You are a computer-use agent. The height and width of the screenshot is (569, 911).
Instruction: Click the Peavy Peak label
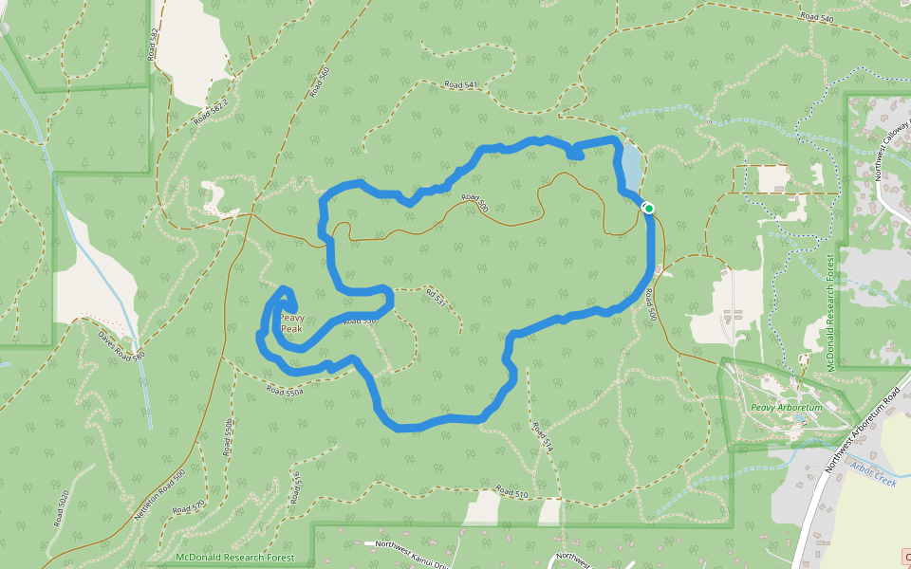[x=291, y=323]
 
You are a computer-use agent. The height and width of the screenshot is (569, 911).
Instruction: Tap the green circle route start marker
[x=649, y=208]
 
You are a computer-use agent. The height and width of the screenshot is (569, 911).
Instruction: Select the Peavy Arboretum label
[x=785, y=408]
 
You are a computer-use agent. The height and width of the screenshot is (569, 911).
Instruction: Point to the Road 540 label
[x=815, y=17]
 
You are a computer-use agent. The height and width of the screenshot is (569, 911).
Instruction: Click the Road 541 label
[x=460, y=85]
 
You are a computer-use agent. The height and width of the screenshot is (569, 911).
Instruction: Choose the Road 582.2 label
[x=212, y=110]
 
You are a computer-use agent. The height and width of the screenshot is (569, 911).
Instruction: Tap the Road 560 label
[x=319, y=83]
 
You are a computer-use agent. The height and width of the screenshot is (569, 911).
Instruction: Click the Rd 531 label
[x=435, y=301]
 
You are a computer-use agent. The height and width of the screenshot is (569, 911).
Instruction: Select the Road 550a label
[x=285, y=390]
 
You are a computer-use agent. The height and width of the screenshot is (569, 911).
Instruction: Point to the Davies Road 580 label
[x=121, y=345]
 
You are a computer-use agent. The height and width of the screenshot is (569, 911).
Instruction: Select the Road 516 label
[x=296, y=483]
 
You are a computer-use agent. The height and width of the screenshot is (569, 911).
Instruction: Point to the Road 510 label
[x=511, y=493]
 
